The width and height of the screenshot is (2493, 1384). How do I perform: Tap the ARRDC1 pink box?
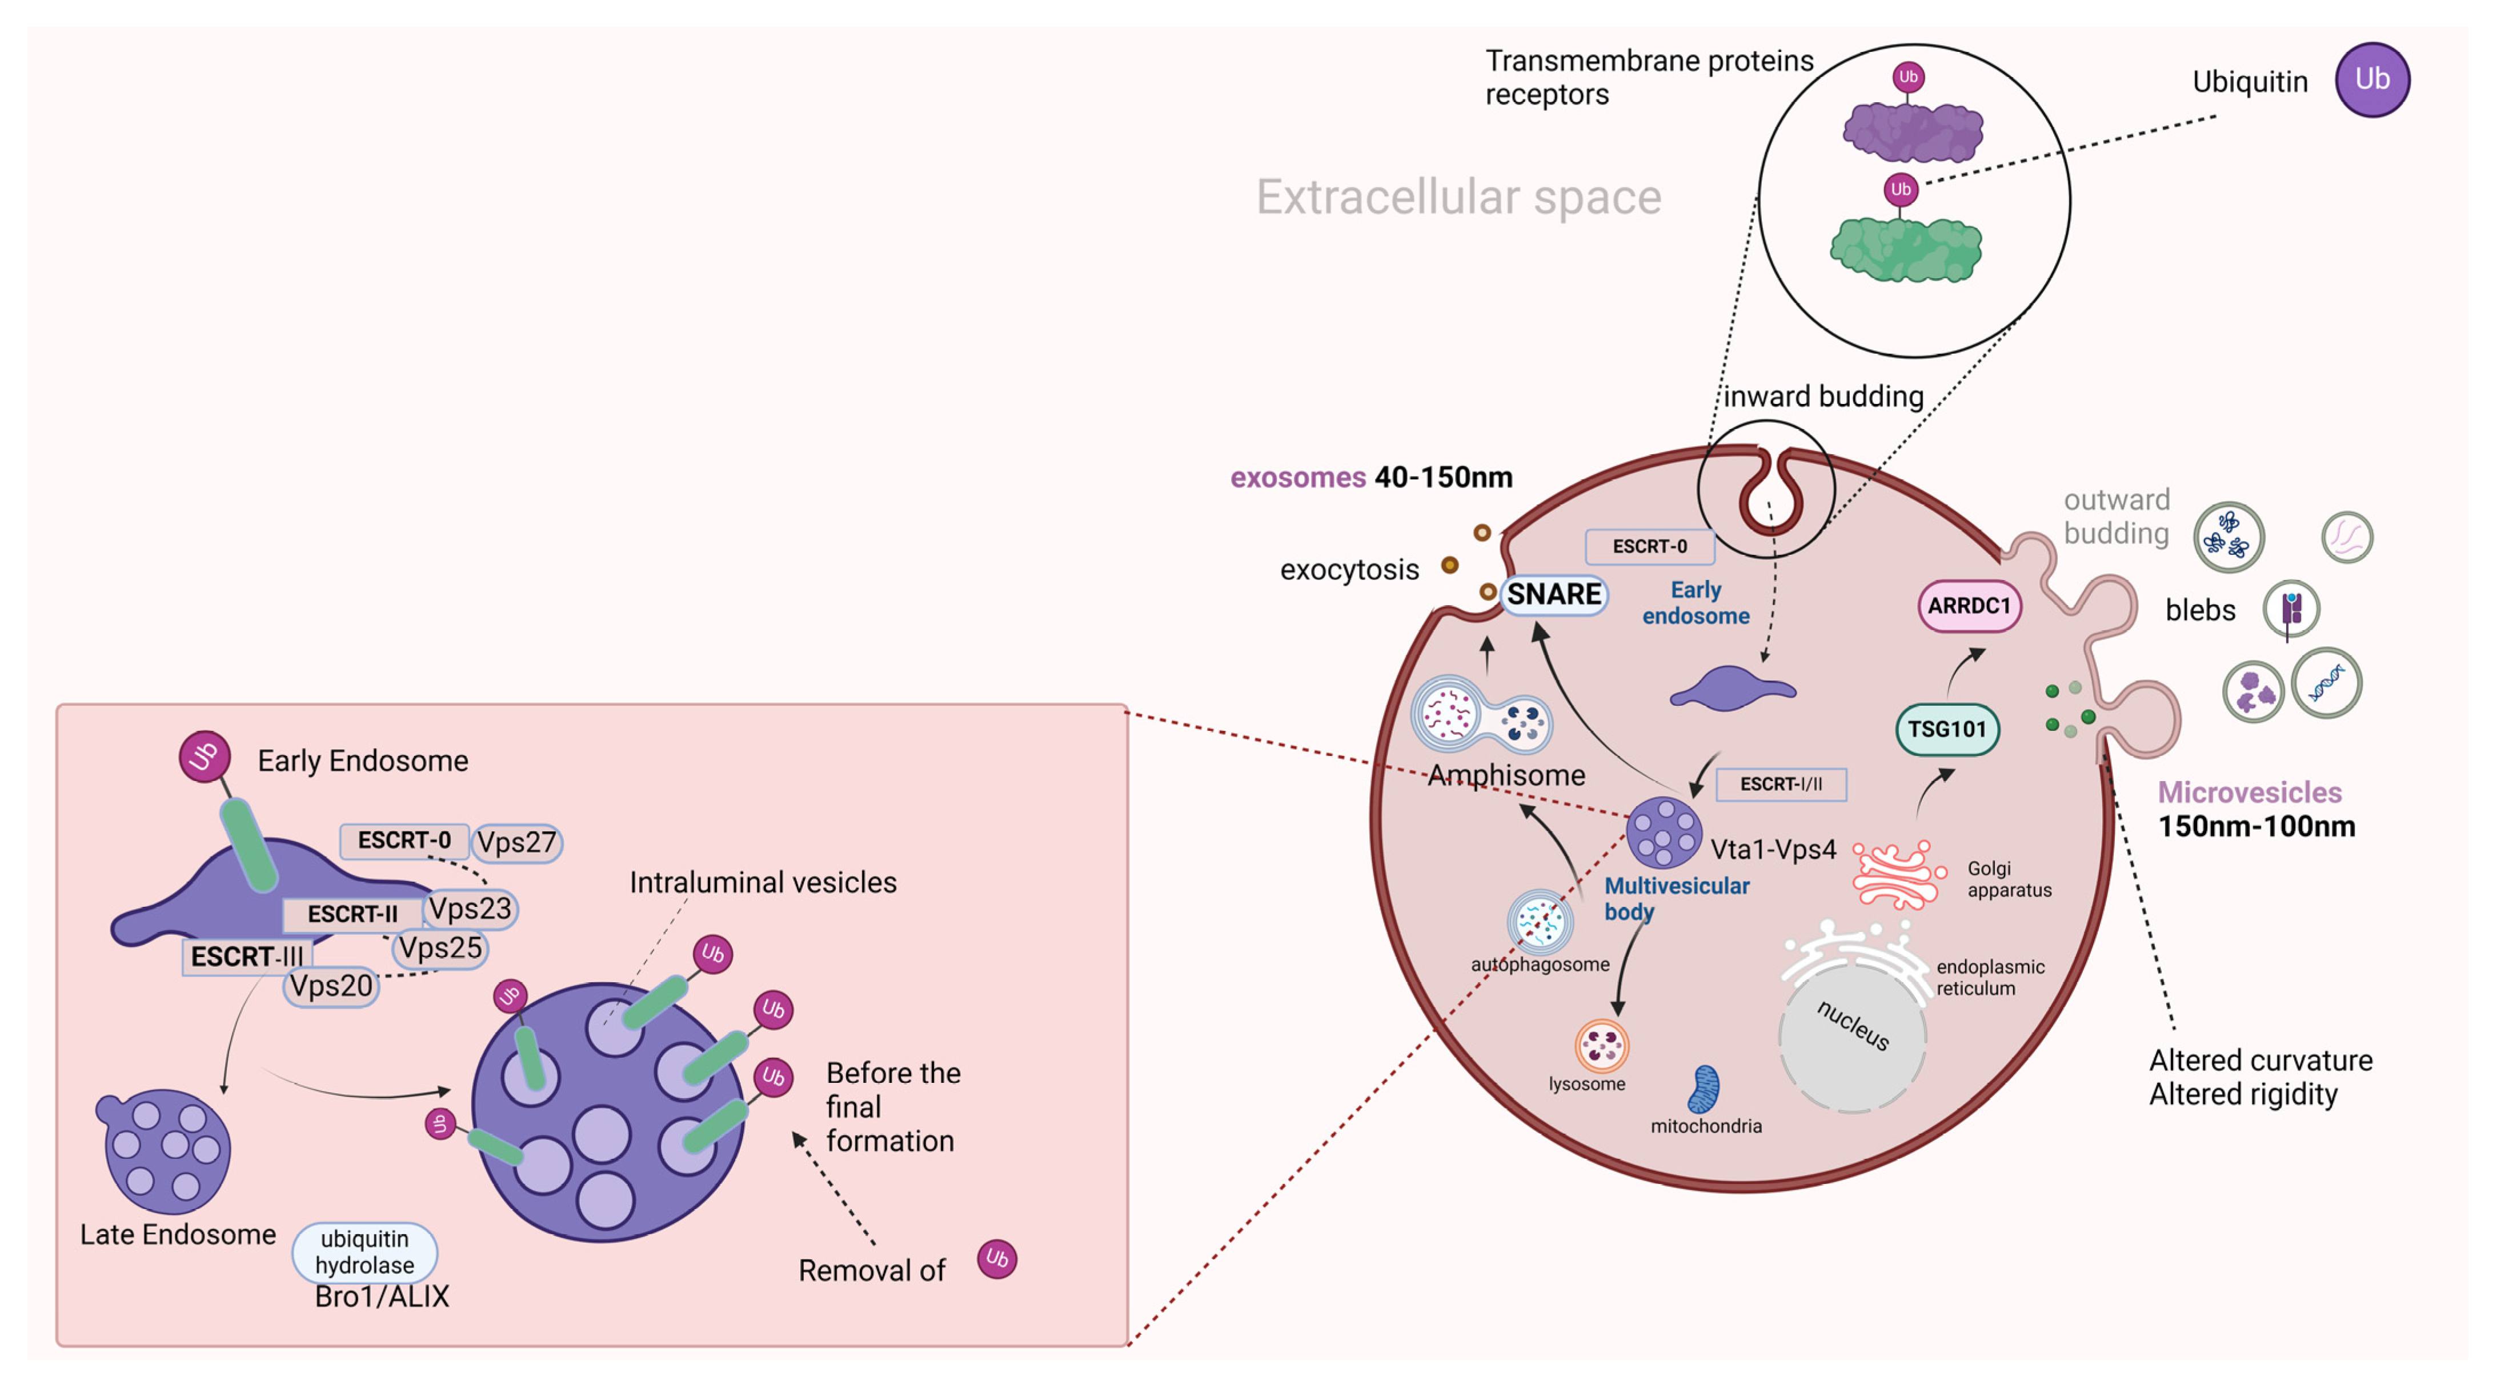(x=1969, y=606)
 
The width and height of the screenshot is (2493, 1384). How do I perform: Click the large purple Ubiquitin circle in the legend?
(x=2372, y=79)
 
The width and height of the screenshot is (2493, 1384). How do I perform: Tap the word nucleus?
(x=1853, y=1024)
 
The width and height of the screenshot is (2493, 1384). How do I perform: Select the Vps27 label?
(x=517, y=842)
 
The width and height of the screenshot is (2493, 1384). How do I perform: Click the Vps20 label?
(x=331, y=986)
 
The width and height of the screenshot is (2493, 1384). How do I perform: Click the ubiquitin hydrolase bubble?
(x=365, y=1251)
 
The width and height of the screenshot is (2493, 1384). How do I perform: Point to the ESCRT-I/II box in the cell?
(x=1781, y=784)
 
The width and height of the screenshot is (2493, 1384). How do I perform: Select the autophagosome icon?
(x=1540, y=921)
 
